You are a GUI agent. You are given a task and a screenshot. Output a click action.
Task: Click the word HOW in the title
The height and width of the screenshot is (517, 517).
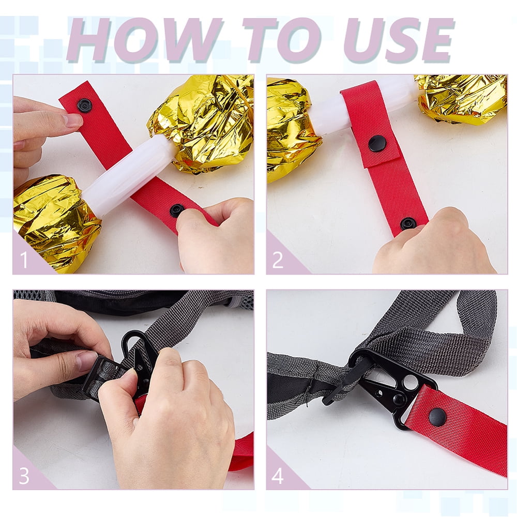(x=142, y=40)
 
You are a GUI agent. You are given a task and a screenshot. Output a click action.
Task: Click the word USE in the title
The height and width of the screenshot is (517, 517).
(x=398, y=40)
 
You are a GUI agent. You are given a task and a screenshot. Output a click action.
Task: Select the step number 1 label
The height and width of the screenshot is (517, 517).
(x=24, y=260)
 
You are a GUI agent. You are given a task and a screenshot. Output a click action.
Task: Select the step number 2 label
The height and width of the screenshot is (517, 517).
(x=278, y=260)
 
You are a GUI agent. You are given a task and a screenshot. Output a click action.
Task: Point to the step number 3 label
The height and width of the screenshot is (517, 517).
(x=24, y=476)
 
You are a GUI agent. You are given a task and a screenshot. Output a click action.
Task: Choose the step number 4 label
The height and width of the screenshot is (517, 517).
(x=278, y=476)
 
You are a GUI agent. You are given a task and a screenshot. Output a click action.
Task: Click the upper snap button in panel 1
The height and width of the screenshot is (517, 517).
(x=84, y=105)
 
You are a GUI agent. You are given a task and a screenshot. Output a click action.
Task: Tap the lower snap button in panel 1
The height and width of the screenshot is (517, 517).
(x=177, y=210)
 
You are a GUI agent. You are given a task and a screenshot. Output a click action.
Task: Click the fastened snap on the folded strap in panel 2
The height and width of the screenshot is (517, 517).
(x=377, y=144)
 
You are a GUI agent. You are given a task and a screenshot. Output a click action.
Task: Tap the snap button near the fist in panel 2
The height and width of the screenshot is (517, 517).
(x=408, y=223)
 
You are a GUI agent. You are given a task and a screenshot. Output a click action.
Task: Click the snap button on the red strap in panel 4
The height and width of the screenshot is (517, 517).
(x=437, y=416)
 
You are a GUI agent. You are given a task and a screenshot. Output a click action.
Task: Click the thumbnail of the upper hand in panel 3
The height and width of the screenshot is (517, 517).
(x=87, y=360)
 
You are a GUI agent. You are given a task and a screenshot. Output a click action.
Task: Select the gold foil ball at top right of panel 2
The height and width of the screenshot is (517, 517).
(x=462, y=99)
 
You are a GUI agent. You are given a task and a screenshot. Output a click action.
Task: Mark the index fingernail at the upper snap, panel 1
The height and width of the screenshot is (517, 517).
(x=72, y=120)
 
